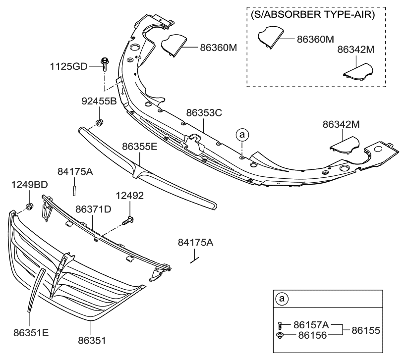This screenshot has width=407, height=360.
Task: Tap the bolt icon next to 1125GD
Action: coord(105,64)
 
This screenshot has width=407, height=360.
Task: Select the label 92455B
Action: coord(99,102)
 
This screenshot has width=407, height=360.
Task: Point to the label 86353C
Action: coord(204,113)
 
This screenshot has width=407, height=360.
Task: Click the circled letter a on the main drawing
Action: coord(241,134)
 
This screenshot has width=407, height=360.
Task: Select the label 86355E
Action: coord(140,147)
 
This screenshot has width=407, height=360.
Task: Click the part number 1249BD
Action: coord(29,185)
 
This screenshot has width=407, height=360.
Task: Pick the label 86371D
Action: coord(93,210)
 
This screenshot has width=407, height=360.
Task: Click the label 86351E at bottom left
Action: coord(31,333)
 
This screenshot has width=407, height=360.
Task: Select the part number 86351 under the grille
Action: coord(92,341)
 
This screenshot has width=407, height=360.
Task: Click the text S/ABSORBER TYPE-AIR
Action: coord(312,14)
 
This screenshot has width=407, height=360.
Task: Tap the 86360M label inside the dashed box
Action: coord(315,39)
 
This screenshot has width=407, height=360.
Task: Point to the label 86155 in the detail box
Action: coord(365,330)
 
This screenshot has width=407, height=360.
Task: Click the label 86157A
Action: coord(311,325)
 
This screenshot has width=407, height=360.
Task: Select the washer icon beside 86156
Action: coord(281,336)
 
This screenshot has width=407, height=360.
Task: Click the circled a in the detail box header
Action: coord(282,299)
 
